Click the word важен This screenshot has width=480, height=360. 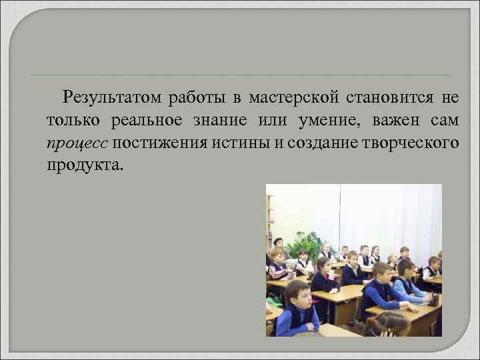tap(397, 120)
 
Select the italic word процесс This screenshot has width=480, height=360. tap(77, 142)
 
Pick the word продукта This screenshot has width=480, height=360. tap(84, 164)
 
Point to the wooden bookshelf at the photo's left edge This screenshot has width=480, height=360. tap(270, 220)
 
